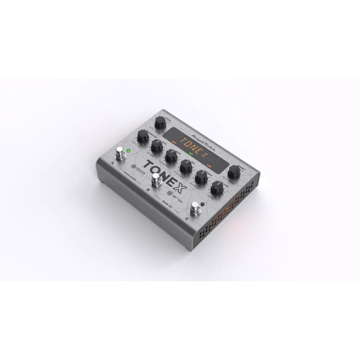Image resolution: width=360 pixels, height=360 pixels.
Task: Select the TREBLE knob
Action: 200,175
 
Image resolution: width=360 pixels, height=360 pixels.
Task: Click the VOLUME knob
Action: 215,187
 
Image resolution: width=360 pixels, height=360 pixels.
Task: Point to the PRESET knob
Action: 236,171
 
